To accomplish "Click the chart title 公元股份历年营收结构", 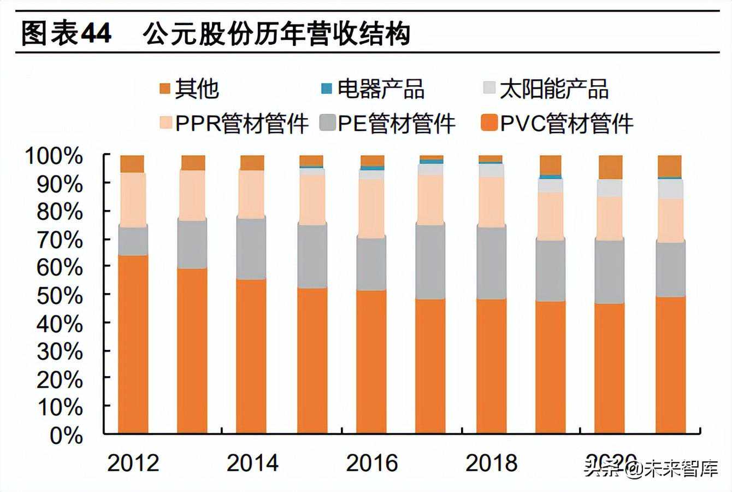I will (276, 34).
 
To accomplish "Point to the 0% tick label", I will (67, 436).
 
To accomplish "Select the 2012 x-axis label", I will (133, 462).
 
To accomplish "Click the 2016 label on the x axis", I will (372, 462).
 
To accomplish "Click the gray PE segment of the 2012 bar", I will (133, 241).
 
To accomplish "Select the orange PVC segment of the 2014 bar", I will (252, 355).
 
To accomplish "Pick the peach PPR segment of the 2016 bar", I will (372, 208).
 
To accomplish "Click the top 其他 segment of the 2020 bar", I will (611, 167).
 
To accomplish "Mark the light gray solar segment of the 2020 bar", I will (611, 188).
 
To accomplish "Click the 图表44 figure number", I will (66, 34).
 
